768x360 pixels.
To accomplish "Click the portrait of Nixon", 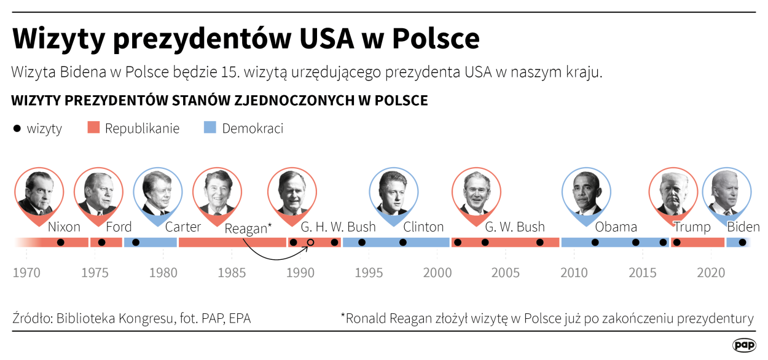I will pos(39,192).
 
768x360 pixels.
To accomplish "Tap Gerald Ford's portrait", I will pos(98,192).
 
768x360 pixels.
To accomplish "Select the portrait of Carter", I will pos(158,192).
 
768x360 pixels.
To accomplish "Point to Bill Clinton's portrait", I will pos(393,192).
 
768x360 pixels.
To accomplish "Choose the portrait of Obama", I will pos(587,192).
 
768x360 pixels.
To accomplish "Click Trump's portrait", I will pos(674,192).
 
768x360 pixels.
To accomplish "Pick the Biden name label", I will pos(743,227).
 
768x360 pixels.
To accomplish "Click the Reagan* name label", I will pos(248,229).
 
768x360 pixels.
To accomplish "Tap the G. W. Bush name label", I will pos(515,227).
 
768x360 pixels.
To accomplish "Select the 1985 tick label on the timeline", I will pos(233,272).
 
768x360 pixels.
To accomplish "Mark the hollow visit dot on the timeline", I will pos(311,243).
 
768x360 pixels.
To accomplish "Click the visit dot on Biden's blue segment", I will pos(742,243).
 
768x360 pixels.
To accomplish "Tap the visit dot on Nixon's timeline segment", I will pos(60,243).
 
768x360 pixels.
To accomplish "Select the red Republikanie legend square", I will pos(93,128).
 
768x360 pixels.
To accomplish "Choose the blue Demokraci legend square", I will pos(210,128).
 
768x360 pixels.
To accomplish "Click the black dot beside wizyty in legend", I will pos(17,128).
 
